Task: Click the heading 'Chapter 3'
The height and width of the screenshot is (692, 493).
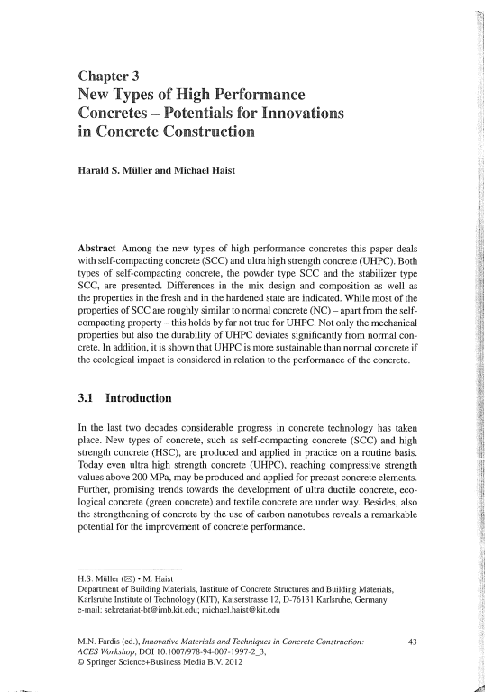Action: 108,75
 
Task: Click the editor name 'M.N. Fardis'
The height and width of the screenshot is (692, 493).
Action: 100,641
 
